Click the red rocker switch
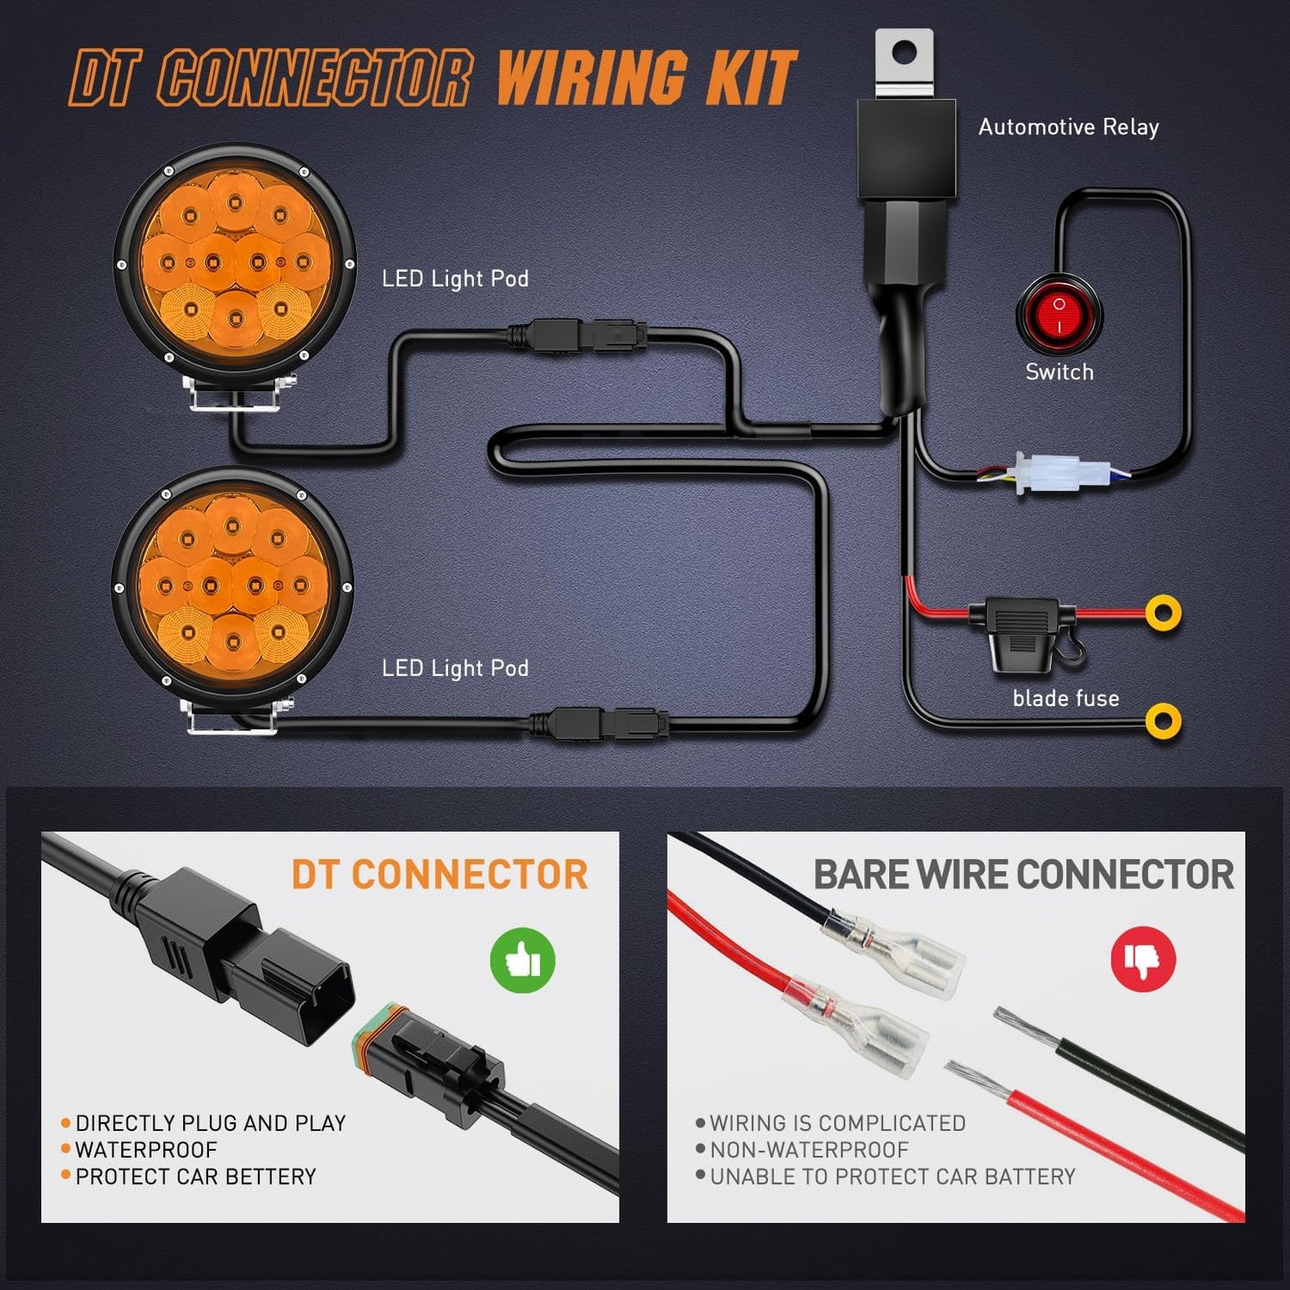(1060, 314)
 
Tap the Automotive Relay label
(1068, 127)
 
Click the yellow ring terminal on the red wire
(1162, 613)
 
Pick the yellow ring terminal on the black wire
(1162, 720)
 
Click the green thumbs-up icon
(522, 961)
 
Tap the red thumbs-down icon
(1143, 959)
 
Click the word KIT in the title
(749, 79)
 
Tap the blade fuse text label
(1065, 698)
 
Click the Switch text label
(1059, 371)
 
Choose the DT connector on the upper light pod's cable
(577, 337)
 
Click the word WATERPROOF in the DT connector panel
(146, 1150)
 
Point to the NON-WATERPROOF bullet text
(809, 1150)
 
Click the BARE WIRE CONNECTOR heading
(1023, 875)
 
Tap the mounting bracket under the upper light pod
(237, 394)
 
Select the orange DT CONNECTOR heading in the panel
(439, 875)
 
